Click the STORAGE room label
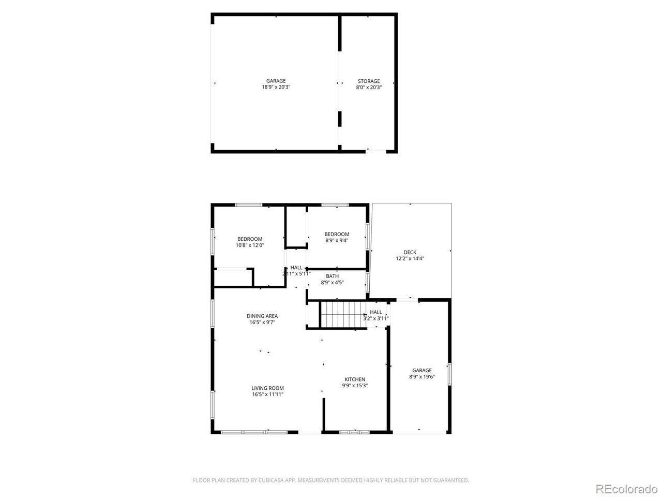tap(369, 81)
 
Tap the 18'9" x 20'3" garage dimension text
tap(276, 87)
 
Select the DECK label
tap(410, 252)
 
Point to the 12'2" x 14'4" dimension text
tap(410, 259)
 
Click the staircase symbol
tap(343, 314)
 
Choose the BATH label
tap(332, 276)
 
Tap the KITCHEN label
tap(355, 379)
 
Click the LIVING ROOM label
tap(267, 388)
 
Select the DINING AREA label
tap(262, 316)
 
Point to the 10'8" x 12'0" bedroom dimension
tap(250, 245)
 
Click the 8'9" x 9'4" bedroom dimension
tap(337, 241)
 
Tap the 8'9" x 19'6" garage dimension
tap(422, 376)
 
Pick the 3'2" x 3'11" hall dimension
tap(375, 318)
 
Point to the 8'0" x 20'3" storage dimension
tap(369, 87)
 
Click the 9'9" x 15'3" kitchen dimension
tap(355, 386)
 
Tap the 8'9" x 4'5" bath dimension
tap(332, 283)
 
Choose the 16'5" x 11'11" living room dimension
tap(267, 394)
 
